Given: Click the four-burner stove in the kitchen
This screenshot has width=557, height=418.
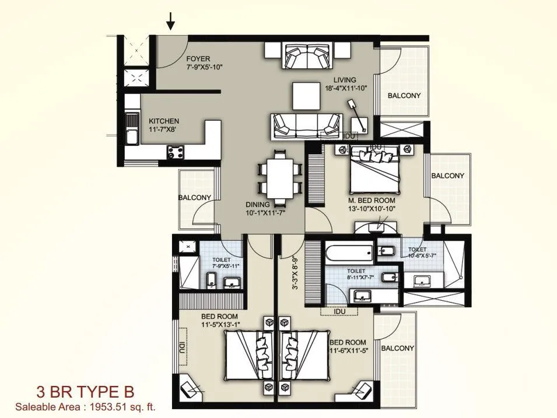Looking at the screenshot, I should (176, 152).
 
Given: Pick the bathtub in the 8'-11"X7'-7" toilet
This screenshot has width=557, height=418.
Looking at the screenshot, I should (347, 254).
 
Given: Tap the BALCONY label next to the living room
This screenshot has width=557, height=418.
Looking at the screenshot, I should (404, 96).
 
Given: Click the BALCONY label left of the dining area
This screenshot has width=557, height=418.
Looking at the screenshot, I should (195, 198).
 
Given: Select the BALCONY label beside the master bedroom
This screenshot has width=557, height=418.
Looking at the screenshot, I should (447, 175).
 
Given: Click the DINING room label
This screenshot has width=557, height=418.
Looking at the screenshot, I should (257, 205).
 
